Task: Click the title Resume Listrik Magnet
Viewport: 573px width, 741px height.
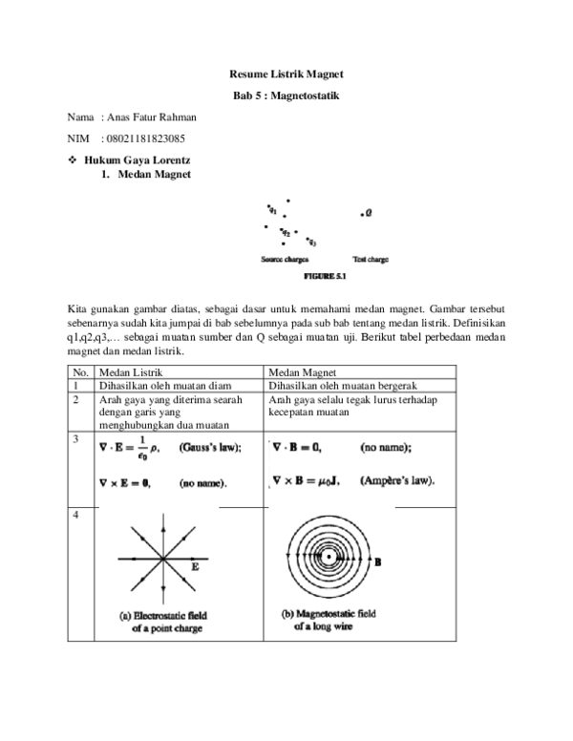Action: click(286, 74)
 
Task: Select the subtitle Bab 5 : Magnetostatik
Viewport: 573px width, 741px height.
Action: click(286, 96)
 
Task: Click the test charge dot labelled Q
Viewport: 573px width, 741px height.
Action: click(362, 215)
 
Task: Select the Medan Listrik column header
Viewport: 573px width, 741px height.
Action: click(131, 372)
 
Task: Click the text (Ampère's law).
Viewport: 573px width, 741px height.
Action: click(397, 480)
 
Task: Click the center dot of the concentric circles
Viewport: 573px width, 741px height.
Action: click(329, 557)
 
